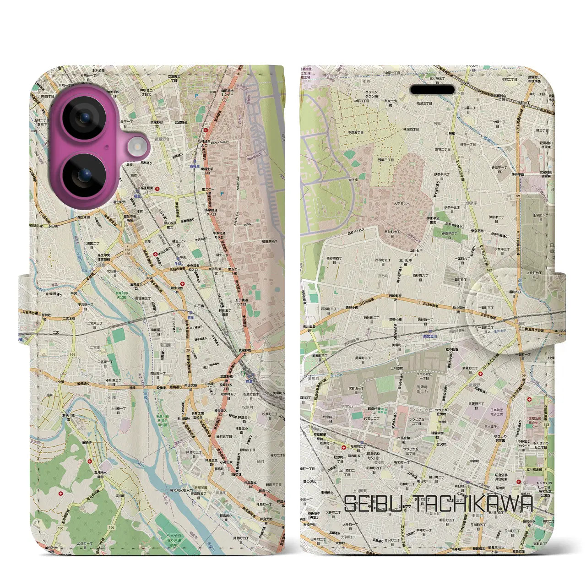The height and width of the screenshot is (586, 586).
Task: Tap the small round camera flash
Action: tap(136, 146)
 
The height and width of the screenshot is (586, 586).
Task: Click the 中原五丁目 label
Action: tap(356, 132)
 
